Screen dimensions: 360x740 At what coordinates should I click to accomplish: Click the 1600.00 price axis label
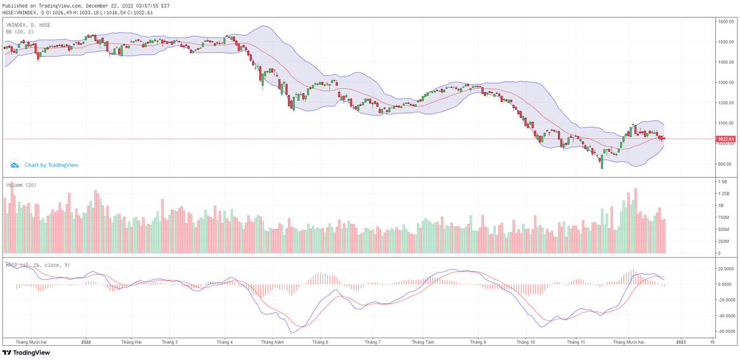[725, 22]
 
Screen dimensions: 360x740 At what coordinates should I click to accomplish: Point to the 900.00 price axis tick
[725, 164]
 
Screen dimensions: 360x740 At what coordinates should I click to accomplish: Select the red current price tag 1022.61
[726, 139]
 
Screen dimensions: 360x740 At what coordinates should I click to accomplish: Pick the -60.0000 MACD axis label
[725, 330]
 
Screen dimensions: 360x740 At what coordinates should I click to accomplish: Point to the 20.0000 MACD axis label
[725, 269]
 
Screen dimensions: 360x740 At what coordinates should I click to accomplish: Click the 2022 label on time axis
[86, 341]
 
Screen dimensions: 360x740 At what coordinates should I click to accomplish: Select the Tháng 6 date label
[320, 341]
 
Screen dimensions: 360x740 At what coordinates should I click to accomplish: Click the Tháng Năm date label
[271, 341]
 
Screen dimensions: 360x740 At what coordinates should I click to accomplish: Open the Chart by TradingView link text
[51, 165]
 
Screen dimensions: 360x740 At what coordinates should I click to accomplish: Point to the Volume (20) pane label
[22, 185]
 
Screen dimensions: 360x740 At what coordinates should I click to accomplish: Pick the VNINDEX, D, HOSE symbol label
[28, 25]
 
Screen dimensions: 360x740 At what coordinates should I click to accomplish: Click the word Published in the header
[14, 6]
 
